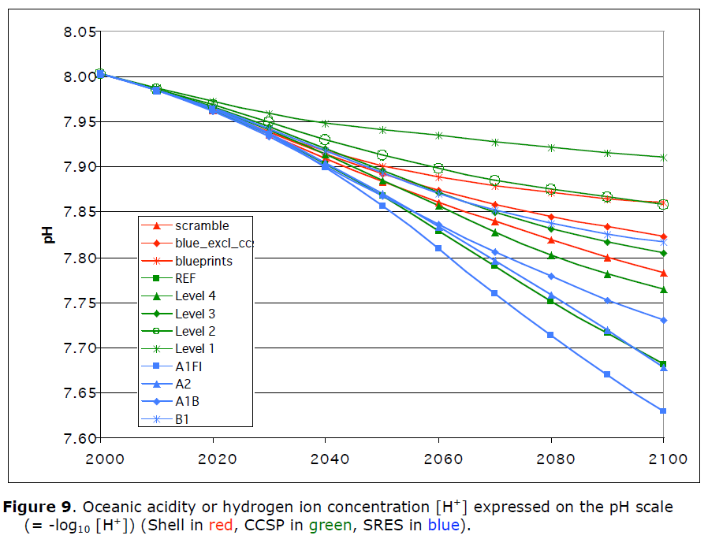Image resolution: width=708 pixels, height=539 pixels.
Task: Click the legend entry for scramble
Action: (185, 225)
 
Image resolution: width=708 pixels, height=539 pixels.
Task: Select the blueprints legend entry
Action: (187, 261)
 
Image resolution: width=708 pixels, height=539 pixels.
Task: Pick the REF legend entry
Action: (169, 278)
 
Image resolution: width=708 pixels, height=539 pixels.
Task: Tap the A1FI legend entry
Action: (172, 366)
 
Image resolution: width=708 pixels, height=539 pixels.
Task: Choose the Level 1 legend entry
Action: (178, 348)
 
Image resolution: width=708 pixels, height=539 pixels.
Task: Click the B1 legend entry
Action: (166, 419)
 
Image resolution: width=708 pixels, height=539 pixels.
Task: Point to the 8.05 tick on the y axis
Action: (80, 32)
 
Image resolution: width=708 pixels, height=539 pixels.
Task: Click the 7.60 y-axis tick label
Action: (80, 438)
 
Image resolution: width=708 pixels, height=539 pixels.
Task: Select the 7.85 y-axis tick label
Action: (80, 212)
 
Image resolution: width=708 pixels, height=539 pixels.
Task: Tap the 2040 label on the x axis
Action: (330, 459)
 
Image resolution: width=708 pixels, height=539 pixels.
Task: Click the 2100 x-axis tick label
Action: (668, 459)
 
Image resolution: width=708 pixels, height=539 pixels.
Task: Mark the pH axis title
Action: (48, 235)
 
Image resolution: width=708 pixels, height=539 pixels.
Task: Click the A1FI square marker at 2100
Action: (663, 411)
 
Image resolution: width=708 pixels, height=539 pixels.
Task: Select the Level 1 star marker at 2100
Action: (663, 158)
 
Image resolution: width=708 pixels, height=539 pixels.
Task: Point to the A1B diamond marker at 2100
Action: (663, 321)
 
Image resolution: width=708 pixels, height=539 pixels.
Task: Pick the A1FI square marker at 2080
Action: (550, 335)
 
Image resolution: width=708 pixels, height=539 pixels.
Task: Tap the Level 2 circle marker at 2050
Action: (382, 155)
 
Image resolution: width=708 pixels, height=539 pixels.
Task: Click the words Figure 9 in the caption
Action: (37, 507)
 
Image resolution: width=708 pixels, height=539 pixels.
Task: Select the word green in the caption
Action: (330, 526)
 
